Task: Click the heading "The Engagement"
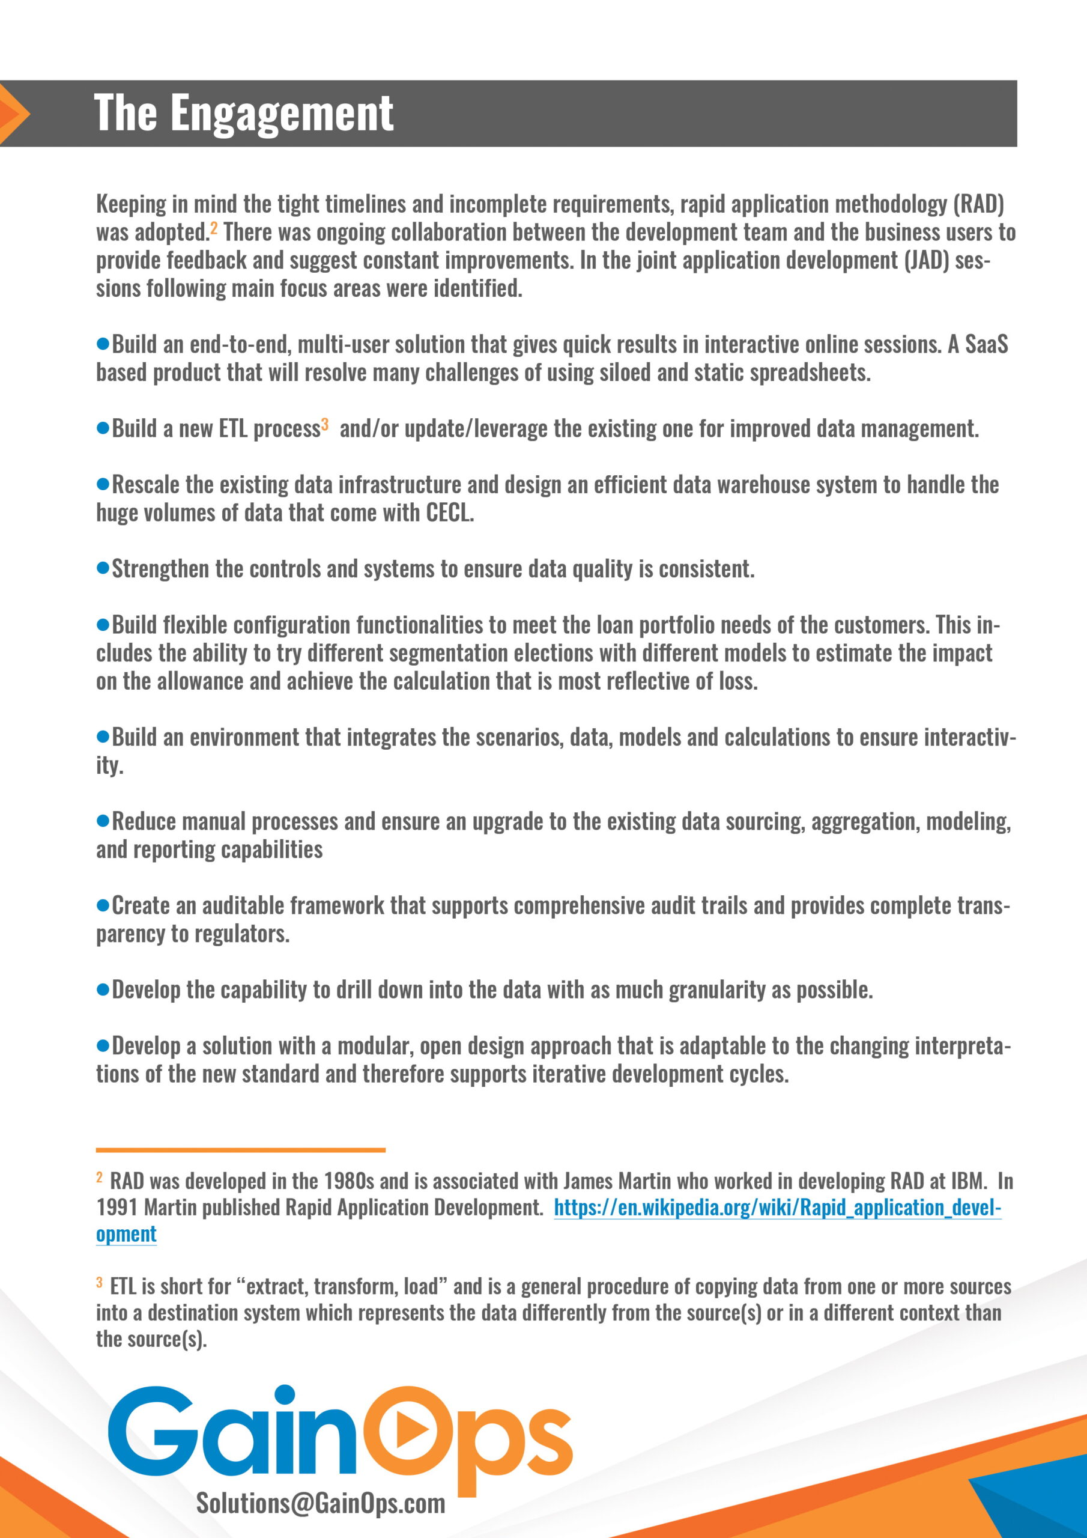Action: [243, 112]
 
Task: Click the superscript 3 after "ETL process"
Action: [325, 424]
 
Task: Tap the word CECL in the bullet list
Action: [449, 512]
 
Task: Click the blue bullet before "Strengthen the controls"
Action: [103, 568]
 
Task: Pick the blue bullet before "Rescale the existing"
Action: [103, 484]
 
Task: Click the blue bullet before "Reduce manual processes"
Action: [103, 821]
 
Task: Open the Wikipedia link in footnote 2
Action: [777, 1207]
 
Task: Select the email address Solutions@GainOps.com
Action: [320, 1503]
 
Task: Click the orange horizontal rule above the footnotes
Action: [240, 1149]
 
